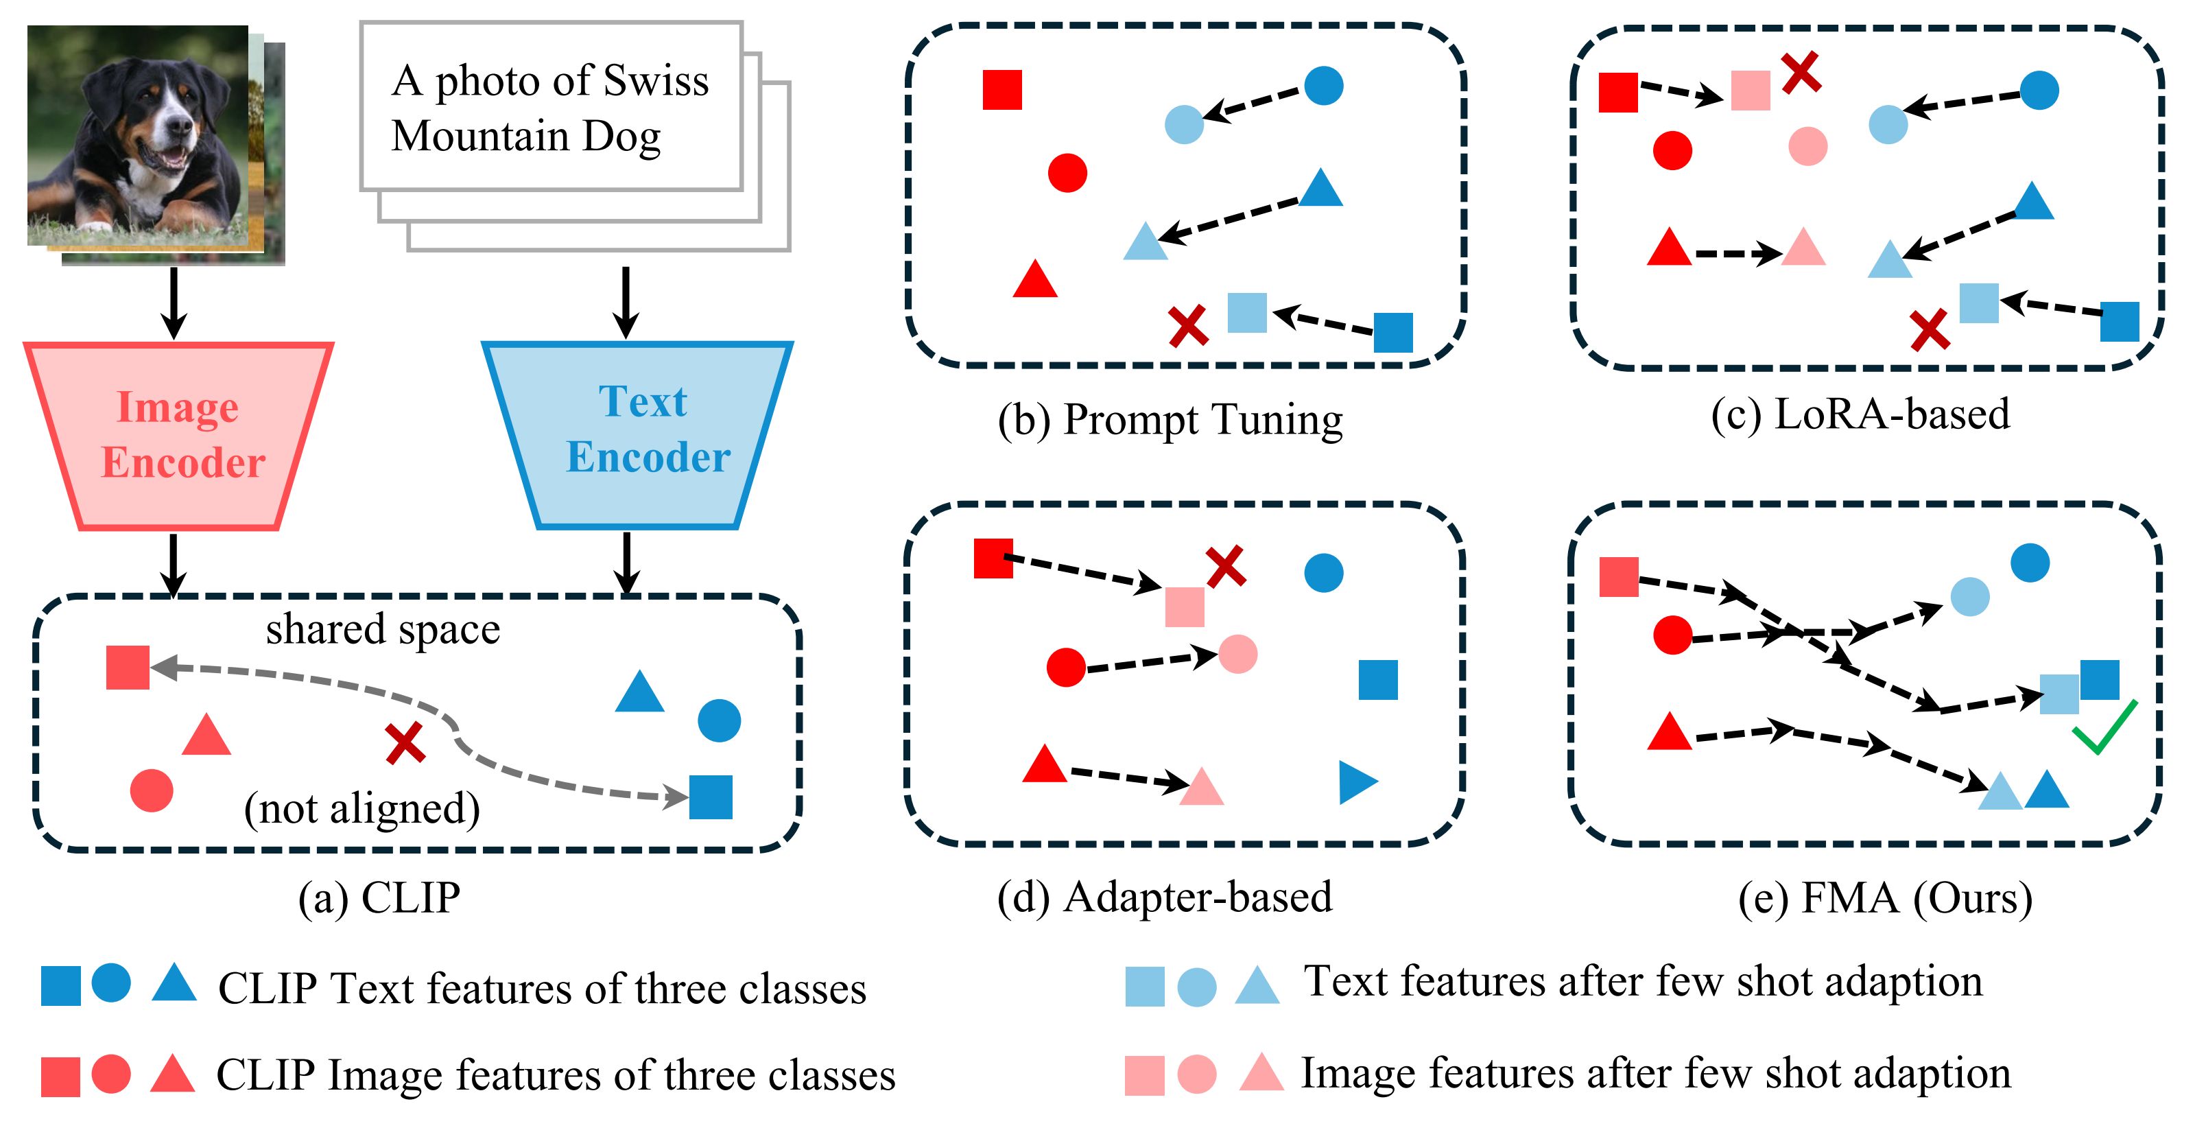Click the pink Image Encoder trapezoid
point(178,436)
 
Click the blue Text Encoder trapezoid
point(637,435)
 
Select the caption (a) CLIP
point(379,897)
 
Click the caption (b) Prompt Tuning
point(1170,421)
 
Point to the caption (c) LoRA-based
point(1860,414)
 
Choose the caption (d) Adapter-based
point(1165,897)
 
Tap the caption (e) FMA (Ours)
point(1886,898)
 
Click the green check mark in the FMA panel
point(2104,727)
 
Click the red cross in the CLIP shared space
point(405,744)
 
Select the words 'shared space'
point(383,629)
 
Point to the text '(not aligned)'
point(361,808)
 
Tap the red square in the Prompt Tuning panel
point(1002,90)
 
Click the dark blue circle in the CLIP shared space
point(720,720)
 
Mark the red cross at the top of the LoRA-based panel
point(1801,72)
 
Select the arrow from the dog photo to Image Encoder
point(174,303)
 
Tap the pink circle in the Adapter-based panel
point(1237,653)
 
